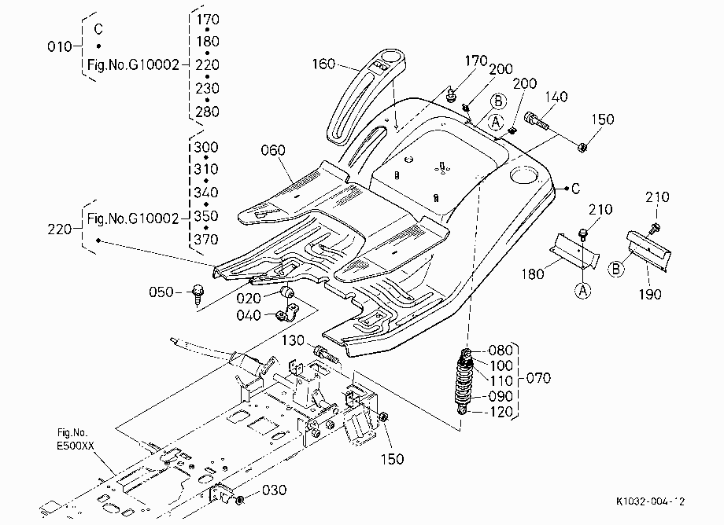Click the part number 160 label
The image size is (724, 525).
(x=323, y=64)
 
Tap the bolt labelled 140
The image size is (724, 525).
(x=536, y=120)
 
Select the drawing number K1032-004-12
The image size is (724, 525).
(x=651, y=501)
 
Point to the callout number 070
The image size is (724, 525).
(x=538, y=378)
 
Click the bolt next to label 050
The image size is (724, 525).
(x=198, y=294)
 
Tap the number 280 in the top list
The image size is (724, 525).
(x=207, y=112)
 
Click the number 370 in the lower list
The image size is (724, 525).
(x=206, y=240)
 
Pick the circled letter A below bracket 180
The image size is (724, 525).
(x=582, y=290)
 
